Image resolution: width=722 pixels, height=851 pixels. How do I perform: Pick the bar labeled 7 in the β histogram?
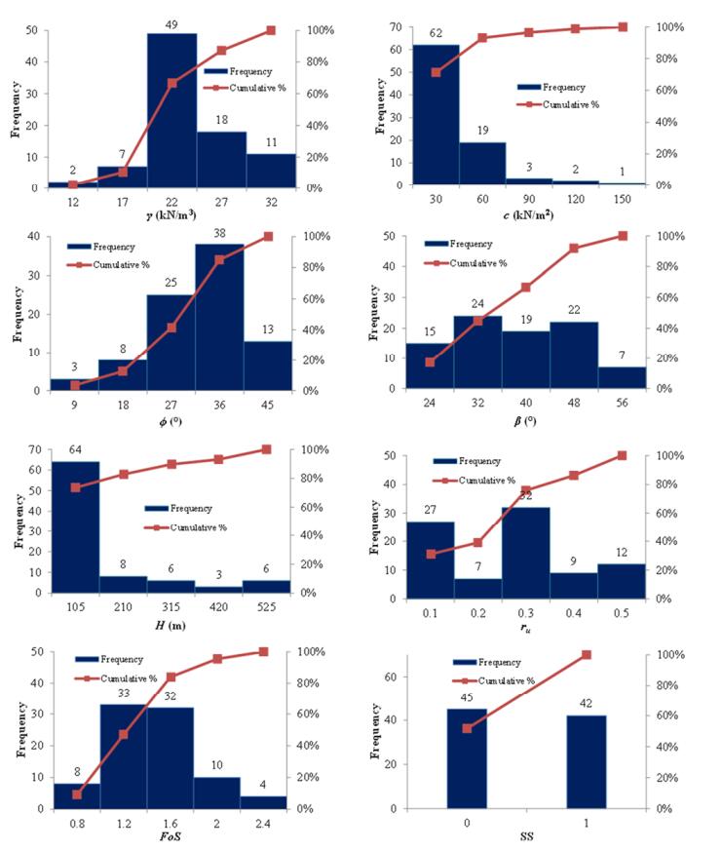coord(622,377)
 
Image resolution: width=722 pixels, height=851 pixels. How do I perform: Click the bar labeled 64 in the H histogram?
coord(75,526)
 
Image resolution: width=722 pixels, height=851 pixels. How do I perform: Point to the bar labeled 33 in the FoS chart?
coord(124,751)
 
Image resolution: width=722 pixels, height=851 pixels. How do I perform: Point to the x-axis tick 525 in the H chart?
coord(266,608)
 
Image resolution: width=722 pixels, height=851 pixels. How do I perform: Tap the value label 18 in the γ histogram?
coord(221,121)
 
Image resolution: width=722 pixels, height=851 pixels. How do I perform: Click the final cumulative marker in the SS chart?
coord(586,655)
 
